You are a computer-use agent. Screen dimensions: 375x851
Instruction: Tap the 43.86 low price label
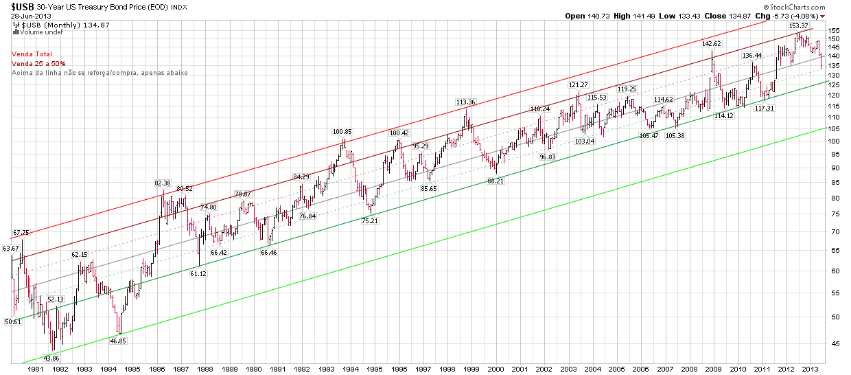51,358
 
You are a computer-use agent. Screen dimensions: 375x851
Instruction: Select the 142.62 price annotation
711,43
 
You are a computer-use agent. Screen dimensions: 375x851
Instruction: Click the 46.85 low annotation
119,340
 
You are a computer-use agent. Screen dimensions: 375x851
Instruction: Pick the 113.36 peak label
465,102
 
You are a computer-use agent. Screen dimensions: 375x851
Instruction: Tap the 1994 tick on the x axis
350,369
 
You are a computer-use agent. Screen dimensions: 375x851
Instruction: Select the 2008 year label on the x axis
688,369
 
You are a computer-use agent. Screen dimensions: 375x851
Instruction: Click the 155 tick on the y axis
834,31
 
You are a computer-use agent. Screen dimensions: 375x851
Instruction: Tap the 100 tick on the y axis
834,141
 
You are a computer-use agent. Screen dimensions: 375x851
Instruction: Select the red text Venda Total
32,54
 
